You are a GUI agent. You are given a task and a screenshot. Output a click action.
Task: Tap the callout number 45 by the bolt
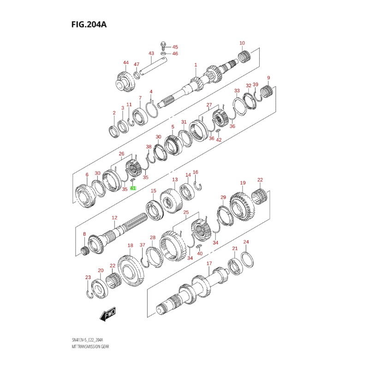click(x=175, y=47)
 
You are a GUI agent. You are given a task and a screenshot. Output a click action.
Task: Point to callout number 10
click(x=242, y=43)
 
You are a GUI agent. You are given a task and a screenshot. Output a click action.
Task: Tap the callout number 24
click(x=246, y=242)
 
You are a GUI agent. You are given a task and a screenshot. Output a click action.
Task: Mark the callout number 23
click(x=88, y=277)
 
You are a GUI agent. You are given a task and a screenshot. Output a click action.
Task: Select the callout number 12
click(x=115, y=217)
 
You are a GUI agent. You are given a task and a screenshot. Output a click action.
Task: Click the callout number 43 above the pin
click(x=151, y=54)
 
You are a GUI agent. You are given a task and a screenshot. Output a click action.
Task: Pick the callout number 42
click(x=219, y=140)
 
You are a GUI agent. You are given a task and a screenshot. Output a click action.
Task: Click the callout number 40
click(x=200, y=253)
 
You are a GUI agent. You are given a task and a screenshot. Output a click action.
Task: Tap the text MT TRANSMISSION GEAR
click(x=91, y=345)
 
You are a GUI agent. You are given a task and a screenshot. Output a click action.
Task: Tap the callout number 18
click(x=131, y=245)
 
